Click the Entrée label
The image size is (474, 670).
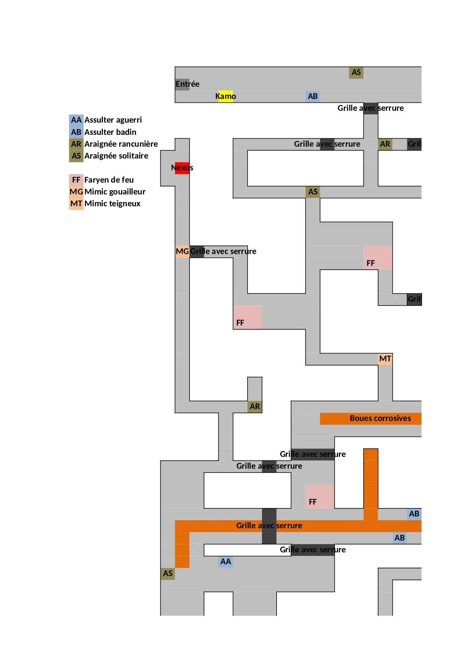[x=187, y=84]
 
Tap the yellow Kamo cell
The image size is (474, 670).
[x=225, y=96]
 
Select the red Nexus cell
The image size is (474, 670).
[x=182, y=168]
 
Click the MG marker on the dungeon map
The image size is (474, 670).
[x=182, y=251]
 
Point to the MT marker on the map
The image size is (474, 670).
[x=385, y=359]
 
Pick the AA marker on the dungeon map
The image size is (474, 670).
[x=225, y=562]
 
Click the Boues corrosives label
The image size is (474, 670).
[x=380, y=418]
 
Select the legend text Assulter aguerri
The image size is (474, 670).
[x=113, y=120]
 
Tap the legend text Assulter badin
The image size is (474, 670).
[x=110, y=132]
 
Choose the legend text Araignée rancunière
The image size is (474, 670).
[x=121, y=144]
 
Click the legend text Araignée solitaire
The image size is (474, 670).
[x=116, y=156]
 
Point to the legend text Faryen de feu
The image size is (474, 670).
[x=109, y=180]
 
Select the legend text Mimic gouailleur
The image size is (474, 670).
[x=115, y=192]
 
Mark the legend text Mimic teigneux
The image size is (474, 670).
[x=113, y=204]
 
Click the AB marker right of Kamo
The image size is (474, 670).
[x=312, y=96]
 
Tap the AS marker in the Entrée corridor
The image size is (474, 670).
[x=356, y=73]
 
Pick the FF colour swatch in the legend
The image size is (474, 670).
[x=76, y=180]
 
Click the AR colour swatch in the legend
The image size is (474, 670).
[x=76, y=144]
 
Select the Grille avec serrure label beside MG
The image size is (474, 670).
[x=223, y=251]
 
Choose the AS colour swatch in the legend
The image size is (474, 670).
[x=76, y=156]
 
